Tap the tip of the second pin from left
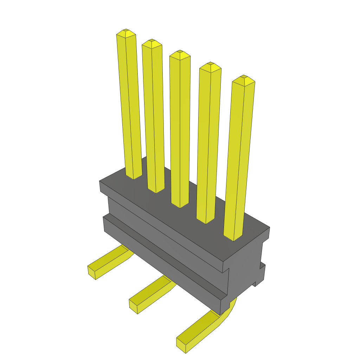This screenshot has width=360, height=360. [152, 41]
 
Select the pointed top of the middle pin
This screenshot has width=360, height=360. [180, 52]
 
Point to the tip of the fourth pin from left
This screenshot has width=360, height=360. [210, 64]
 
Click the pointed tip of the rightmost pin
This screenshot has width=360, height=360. [244, 77]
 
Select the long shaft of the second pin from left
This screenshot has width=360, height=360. [153, 116]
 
